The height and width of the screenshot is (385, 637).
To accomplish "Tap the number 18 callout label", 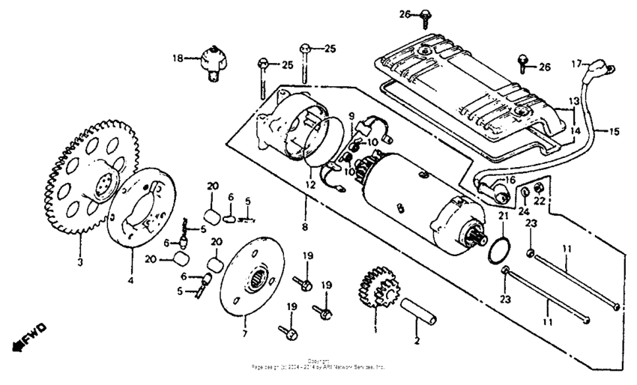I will pos(178,58).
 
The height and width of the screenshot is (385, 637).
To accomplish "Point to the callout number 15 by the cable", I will pos(614,132).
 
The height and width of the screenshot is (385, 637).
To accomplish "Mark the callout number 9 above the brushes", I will pos(349,115).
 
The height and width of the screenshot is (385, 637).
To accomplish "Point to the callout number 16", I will pos(509,180).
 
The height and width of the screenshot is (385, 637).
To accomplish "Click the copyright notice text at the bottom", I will pos(318,365).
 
